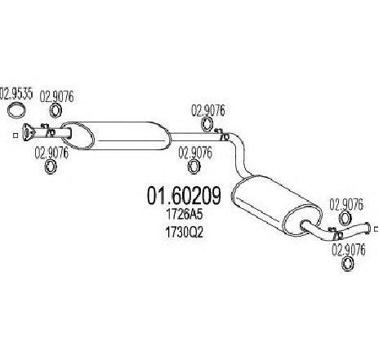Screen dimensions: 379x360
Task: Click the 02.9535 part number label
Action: pyautogui.click(x=16, y=93)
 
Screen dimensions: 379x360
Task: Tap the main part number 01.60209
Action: pyautogui.click(x=184, y=196)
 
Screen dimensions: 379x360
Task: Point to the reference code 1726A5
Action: pyautogui.click(x=185, y=215)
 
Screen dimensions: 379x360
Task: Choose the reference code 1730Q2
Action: pyautogui.click(x=184, y=232)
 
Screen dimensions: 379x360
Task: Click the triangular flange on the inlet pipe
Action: pyautogui.click(x=28, y=132)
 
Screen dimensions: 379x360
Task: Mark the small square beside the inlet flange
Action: pyautogui.click(x=16, y=135)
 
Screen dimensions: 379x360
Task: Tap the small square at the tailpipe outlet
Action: pyautogui.click(x=377, y=229)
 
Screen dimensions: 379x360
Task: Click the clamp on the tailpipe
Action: pyautogui.click(x=336, y=233)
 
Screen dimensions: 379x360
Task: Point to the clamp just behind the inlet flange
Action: pyautogui.click(x=48, y=131)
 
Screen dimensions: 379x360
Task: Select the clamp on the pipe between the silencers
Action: pyautogui.click(x=223, y=135)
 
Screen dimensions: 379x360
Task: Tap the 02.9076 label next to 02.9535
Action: pyautogui.click(x=56, y=96)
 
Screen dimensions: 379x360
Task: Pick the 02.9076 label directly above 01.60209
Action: pyautogui.click(x=195, y=153)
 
